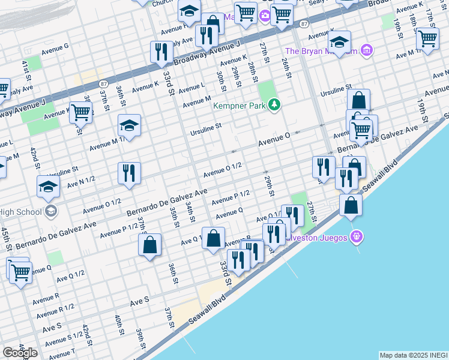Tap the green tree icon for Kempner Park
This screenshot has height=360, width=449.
point(275,106)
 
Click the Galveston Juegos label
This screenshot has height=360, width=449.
point(322,238)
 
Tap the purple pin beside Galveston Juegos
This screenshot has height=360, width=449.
point(358,238)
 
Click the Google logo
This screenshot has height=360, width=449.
point(20,353)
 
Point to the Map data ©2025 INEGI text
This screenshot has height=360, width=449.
point(413,355)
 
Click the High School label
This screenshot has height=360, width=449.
point(21,211)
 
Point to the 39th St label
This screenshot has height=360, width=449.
point(140,339)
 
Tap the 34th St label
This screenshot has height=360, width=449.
point(190,211)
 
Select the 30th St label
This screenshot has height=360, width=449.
point(221,80)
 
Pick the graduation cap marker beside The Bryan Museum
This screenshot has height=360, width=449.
point(339,42)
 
